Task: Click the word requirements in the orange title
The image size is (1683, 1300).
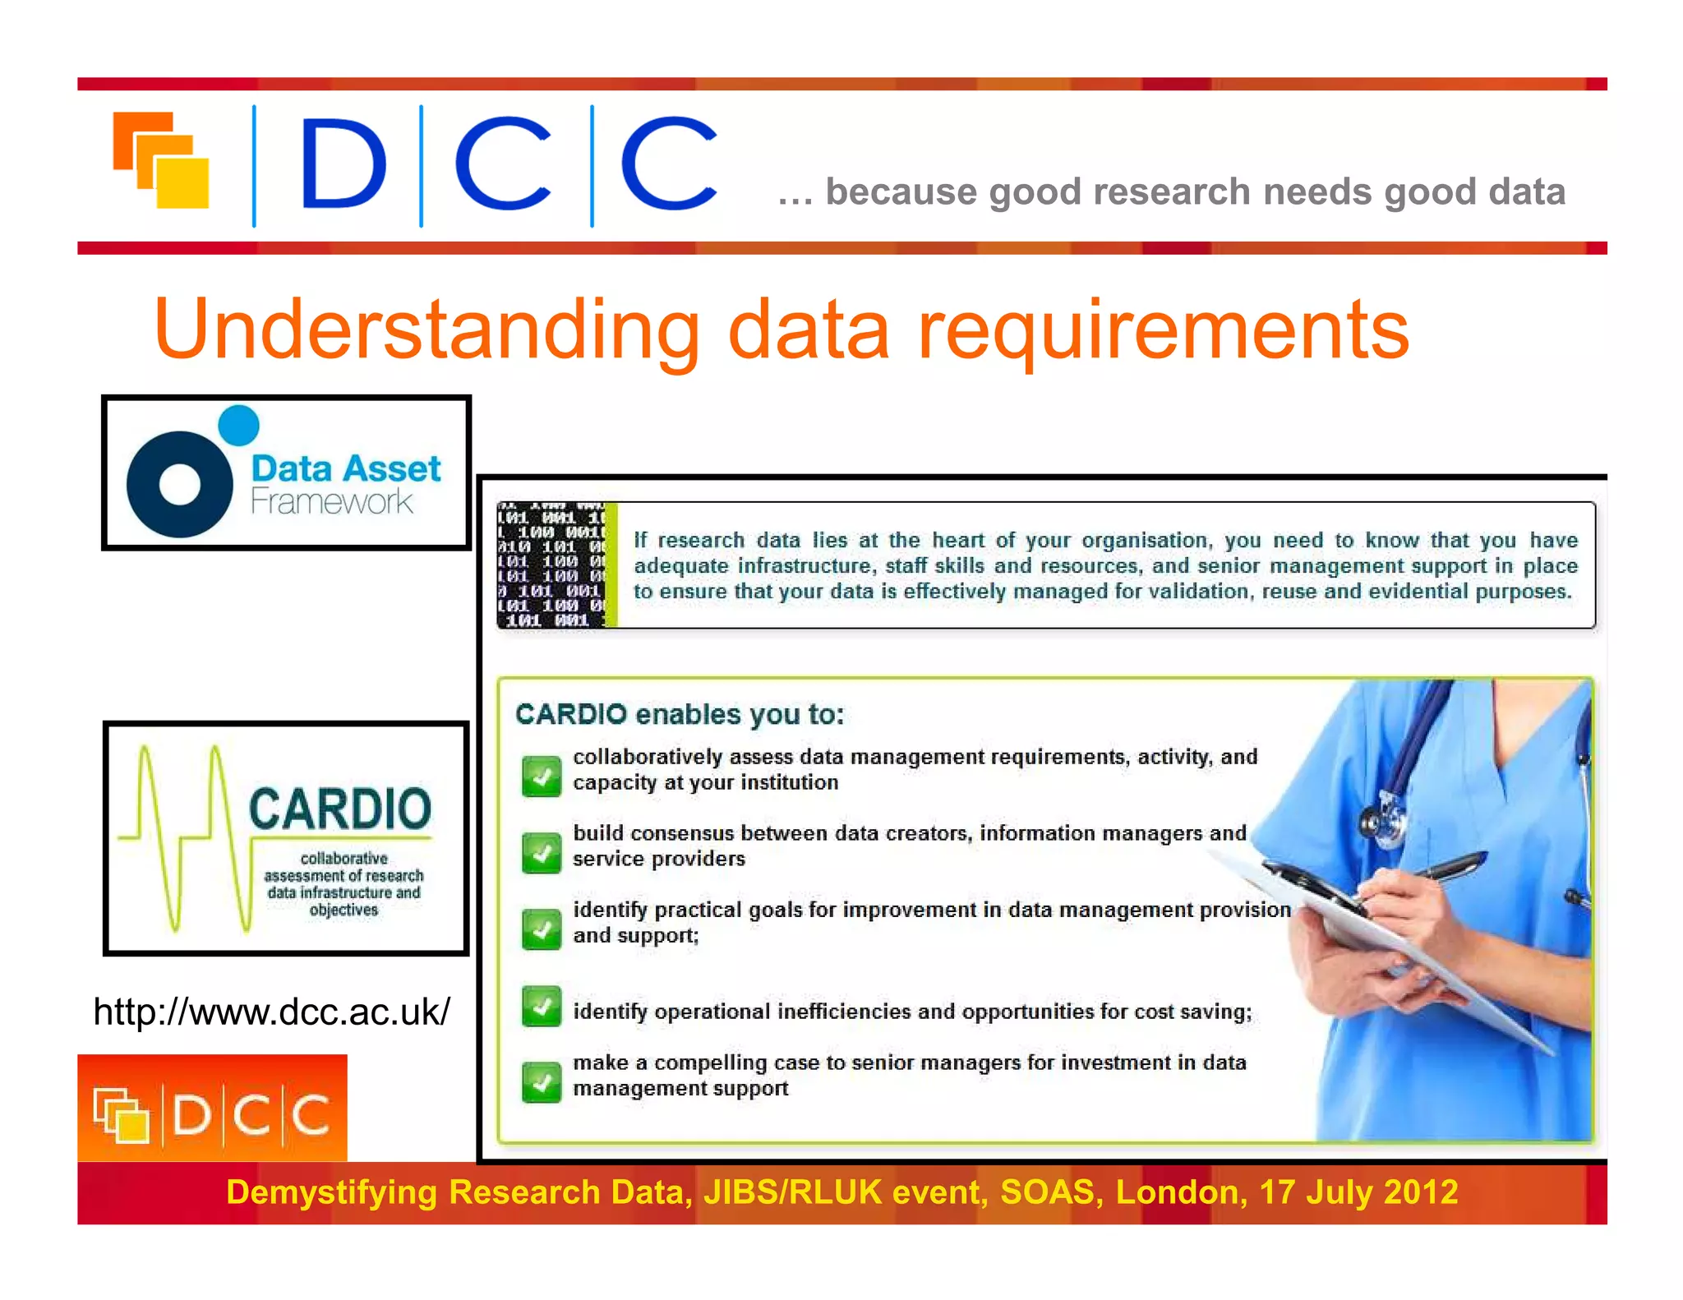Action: (1162, 330)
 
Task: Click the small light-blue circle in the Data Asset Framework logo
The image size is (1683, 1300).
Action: (239, 426)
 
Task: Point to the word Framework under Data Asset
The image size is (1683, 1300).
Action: (331, 500)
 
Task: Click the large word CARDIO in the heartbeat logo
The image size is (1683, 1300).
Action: (340, 809)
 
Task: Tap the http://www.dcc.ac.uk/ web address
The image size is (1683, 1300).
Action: (271, 1012)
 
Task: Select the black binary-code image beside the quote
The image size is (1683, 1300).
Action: (552, 565)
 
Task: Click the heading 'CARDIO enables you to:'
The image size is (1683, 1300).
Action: (680, 714)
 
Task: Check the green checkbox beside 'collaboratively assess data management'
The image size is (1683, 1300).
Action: (542, 776)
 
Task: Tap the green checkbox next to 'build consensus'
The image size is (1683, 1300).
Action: (542, 852)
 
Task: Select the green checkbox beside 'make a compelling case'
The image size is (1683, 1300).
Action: (542, 1081)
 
